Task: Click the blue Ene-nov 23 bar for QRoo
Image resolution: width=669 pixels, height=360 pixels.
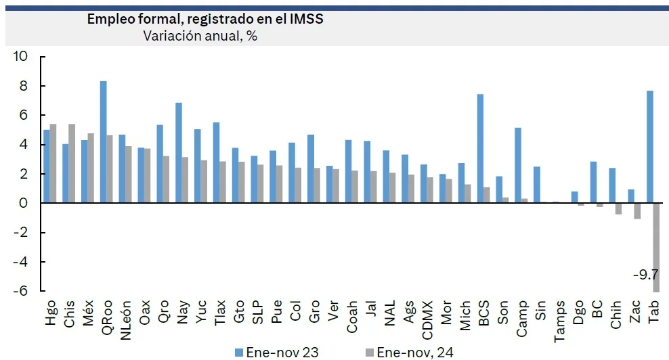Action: pos(103,142)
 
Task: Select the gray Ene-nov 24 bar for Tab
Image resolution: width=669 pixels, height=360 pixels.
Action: pos(656,248)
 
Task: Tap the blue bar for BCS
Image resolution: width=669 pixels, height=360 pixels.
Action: pos(480,148)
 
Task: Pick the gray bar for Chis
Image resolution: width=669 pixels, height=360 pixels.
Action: pos(72,163)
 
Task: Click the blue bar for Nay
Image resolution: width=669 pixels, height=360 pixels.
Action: pos(179,153)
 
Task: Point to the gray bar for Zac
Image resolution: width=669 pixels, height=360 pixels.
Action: pos(637,211)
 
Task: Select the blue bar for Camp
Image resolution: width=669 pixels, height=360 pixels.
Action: pos(518,166)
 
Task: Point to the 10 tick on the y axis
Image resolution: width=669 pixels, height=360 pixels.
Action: pos(20,56)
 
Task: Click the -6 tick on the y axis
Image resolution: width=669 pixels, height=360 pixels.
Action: pos(20,291)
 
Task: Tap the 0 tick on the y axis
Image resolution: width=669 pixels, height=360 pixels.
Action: pos(24,203)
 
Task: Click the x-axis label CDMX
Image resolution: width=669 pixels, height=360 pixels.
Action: pos(427,320)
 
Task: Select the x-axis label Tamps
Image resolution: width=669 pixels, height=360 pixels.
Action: pos(559,321)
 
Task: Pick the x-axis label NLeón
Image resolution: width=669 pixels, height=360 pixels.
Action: pos(125,320)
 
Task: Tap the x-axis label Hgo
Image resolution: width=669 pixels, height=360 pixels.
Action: pos(50,313)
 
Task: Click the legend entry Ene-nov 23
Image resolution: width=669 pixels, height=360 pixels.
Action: pos(277,353)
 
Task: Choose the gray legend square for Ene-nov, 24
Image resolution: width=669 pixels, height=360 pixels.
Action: pos(370,353)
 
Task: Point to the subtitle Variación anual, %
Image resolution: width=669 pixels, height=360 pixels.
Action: pos(200,36)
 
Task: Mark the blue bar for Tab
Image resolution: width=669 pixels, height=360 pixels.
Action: pos(650,147)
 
